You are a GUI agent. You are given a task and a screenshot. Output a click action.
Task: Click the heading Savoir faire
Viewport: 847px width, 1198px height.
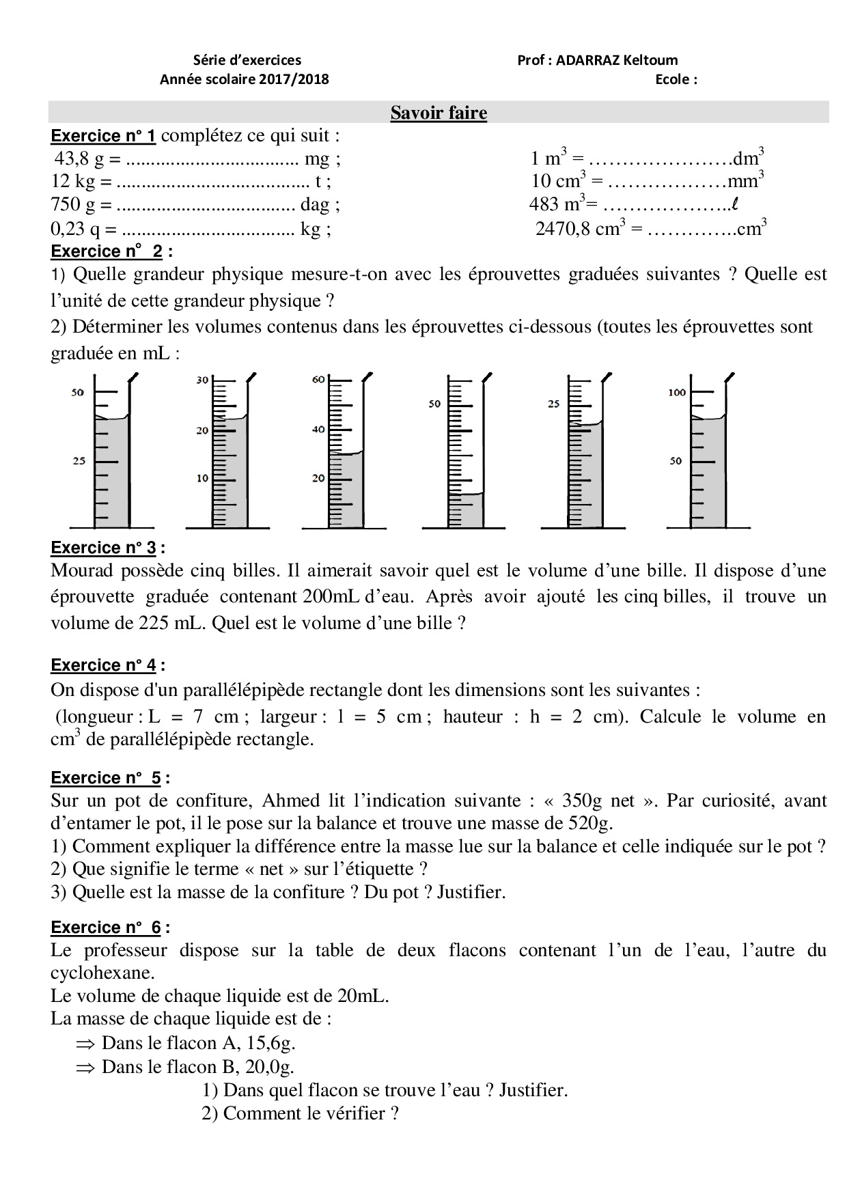[x=439, y=113]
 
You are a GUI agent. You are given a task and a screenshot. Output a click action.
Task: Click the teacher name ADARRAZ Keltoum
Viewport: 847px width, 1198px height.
[x=616, y=60]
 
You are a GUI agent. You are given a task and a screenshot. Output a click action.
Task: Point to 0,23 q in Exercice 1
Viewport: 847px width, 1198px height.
[x=76, y=229]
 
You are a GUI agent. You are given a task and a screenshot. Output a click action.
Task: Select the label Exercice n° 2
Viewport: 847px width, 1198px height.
[x=107, y=251]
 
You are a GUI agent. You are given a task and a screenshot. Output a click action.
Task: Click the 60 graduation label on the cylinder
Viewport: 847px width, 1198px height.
[x=318, y=380]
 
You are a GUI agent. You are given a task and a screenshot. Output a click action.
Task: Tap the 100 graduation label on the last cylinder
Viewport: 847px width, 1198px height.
[x=676, y=393]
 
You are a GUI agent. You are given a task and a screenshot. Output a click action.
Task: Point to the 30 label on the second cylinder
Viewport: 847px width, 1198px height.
[x=202, y=380]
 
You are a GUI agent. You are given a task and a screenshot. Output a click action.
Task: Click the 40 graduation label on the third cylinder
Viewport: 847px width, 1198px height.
[x=318, y=430]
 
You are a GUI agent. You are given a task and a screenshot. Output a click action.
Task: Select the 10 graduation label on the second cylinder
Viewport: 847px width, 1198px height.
[x=202, y=478]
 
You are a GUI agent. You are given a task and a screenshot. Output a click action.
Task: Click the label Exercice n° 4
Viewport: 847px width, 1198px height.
[x=107, y=665]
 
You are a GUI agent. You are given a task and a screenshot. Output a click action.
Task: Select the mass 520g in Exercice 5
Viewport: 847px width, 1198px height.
[x=591, y=822]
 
